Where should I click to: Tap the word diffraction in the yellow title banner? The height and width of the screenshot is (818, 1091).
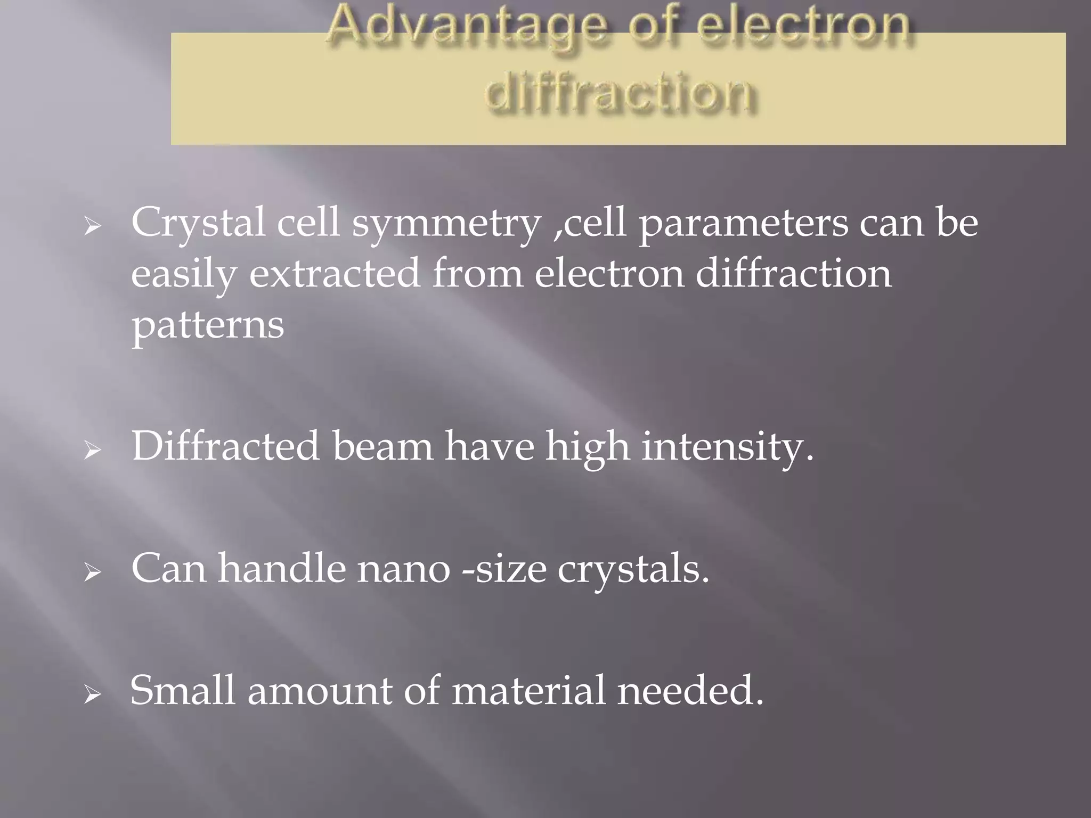pos(620,94)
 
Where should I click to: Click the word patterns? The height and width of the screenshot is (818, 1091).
pos(208,325)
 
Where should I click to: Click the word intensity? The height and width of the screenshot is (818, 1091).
pos(727,447)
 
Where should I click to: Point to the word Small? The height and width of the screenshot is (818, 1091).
pos(183,691)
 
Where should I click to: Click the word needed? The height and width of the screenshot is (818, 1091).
pos(690,691)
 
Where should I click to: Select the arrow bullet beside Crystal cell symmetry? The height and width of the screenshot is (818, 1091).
pos(93,227)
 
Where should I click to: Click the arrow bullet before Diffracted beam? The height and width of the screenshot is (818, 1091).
pos(93,451)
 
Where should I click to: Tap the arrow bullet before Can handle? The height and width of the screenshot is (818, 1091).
pos(93,573)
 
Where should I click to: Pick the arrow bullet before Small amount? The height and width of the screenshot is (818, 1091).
pos(93,695)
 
